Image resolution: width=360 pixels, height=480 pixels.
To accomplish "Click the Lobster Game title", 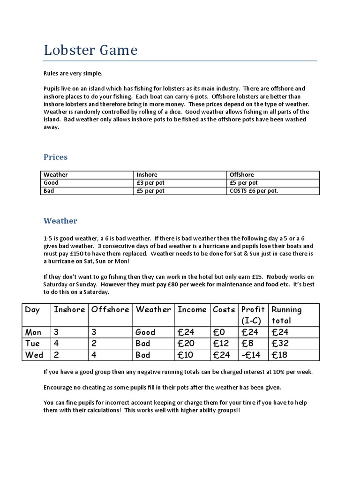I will tap(90, 50).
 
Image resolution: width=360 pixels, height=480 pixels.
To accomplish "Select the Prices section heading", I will tap(55, 157).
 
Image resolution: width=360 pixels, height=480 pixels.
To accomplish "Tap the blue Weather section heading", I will tap(60, 221).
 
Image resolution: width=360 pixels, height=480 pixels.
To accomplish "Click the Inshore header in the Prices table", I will tap(147, 175).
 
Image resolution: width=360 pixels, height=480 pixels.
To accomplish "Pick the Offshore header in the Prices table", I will tap(241, 175).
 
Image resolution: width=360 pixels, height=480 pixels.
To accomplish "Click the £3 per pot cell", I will tap(150, 183).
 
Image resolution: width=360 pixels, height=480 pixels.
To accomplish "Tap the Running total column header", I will tap(286, 315).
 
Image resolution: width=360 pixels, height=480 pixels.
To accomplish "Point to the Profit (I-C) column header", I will tap(253, 315).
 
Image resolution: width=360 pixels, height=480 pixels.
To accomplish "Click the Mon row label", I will tap(33, 332).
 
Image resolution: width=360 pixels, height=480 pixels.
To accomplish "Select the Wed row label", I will tap(34, 355).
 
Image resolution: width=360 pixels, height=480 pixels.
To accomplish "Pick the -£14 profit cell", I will tap(251, 355).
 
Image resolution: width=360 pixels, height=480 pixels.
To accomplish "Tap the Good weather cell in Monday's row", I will tap(145, 332).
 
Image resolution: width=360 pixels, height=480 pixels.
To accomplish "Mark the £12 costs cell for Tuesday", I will tap(221, 344).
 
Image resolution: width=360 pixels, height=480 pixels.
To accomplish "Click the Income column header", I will tap(192, 309).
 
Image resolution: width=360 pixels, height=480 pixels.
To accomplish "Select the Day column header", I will tap(32, 309).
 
